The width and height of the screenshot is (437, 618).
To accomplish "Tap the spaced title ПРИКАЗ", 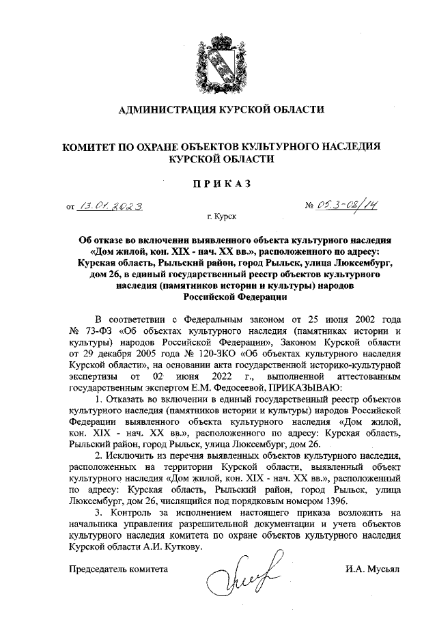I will (x=218, y=183).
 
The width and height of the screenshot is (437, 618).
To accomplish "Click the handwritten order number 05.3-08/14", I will (x=348, y=204).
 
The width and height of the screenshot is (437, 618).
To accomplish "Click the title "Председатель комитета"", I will (x=117, y=568).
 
